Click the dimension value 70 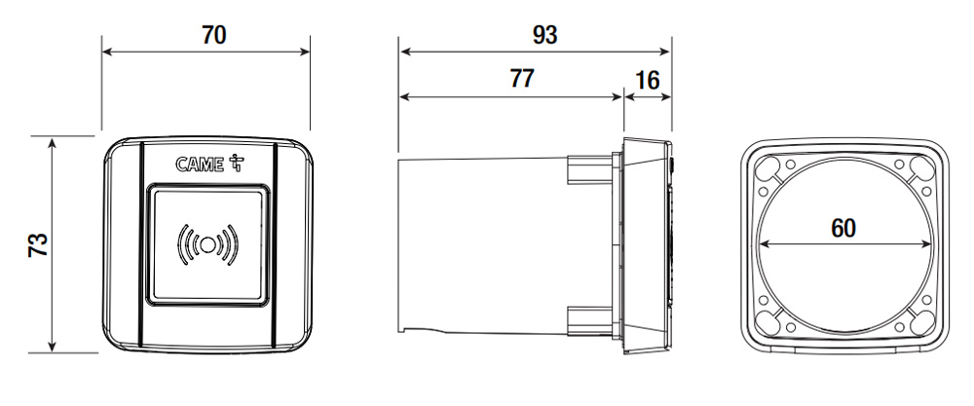click(x=213, y=35)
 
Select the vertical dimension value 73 click(x=39, y=244)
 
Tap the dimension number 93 click(x=544, y=35)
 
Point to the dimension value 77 click(x=522, y=79)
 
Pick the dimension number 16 click(x=648, y=81)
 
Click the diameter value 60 click(x=843, y=229)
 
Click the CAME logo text click(x=200, y=165)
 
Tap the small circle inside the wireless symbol click(x=208, y=244)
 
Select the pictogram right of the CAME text click(x=237, y=163)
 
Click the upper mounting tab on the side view click(x=590, y=168)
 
